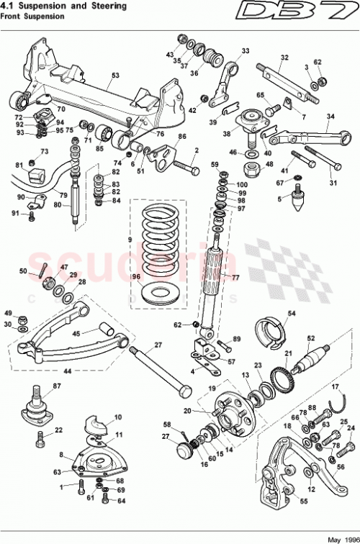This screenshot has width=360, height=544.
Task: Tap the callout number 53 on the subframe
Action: coord(115,74)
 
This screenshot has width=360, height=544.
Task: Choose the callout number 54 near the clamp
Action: coord(292,314)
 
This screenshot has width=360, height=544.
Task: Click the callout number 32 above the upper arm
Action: coord(284,58)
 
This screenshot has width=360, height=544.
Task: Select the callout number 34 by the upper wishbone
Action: coord(330,116)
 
